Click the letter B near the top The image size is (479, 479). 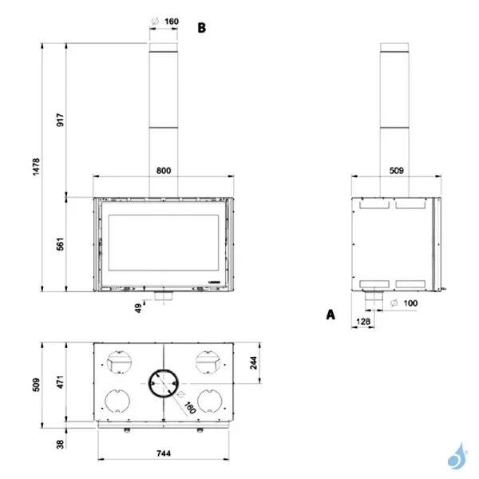click(x=202, y=27)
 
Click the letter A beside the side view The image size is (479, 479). click(x=330, y=315)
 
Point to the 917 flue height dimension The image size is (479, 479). click(x=60, y=120)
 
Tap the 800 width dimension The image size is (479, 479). click(x=163, y=171)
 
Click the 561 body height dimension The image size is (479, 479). click(x=60, y=245)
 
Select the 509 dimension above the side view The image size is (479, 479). click(x=397, y=170)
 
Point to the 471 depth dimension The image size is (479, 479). click(x=60, y=382)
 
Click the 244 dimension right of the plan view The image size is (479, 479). click(x=254, y=362)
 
